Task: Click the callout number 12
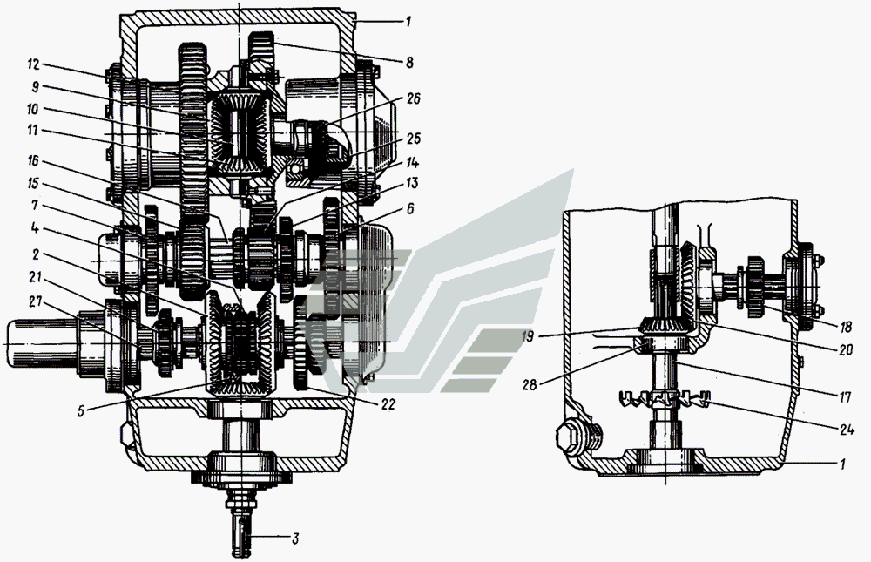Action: point(33,65)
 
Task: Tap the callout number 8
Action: point(409,62)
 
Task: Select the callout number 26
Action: point(413,99)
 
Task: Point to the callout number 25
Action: point(413,138)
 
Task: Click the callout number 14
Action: point(412,163)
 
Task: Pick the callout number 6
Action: point(410,208)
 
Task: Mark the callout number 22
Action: point(388,404)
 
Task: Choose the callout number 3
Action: point(295,538)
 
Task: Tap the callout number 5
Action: point(81,412)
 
